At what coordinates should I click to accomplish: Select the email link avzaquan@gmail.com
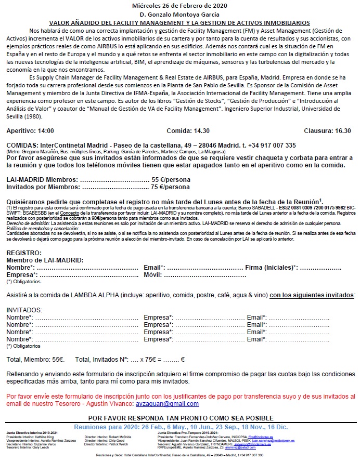click(172, 389)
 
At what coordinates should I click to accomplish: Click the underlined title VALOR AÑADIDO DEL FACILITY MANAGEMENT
click(179, 23)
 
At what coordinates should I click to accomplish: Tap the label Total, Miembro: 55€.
click(35, 359)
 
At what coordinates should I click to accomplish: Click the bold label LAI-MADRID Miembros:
click(42, 179)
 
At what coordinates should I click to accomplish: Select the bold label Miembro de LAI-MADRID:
click(45, 260)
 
